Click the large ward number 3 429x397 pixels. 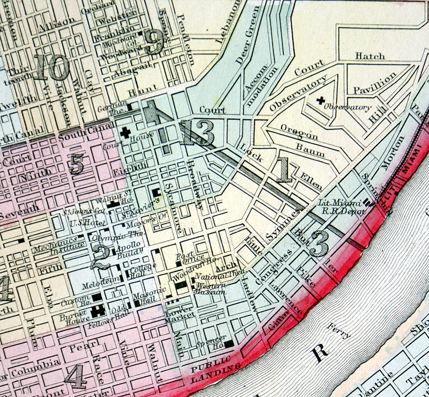pos(319,244)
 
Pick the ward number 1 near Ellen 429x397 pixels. pos(283,170)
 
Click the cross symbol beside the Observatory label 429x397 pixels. pos(321,100)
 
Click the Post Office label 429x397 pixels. pos(187,259)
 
